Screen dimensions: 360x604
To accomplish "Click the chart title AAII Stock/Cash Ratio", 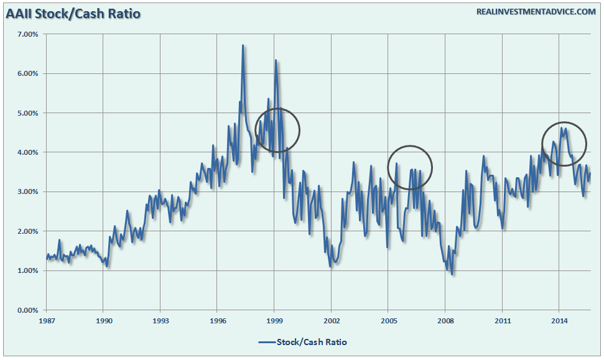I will pos(73,12).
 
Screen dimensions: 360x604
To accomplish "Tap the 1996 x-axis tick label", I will pos(217,321).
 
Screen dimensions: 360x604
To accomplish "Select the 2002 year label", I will pos(331,321).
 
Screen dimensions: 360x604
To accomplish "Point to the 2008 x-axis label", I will pos(445,321).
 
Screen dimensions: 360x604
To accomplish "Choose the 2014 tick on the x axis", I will pos(559,321).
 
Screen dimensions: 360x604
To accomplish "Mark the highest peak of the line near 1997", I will pos(243,45).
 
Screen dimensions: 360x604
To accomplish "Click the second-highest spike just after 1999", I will pos(276,60).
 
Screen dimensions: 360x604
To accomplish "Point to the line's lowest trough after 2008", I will pos(452,274).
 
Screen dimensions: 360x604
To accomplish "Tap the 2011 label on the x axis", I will pos(502,321).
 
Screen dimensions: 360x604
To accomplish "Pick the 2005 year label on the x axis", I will pos(388,321).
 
